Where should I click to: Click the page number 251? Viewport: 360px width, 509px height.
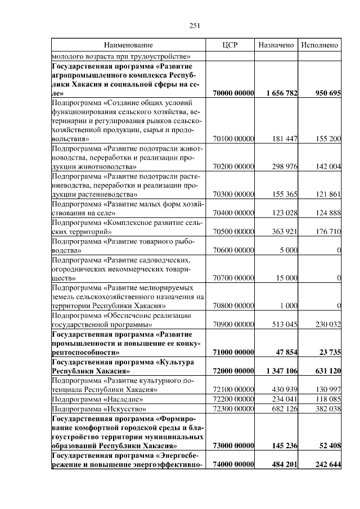(195, 25)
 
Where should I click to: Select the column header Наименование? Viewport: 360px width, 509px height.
(128, 44)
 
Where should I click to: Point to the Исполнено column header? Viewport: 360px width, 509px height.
(319, 44)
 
